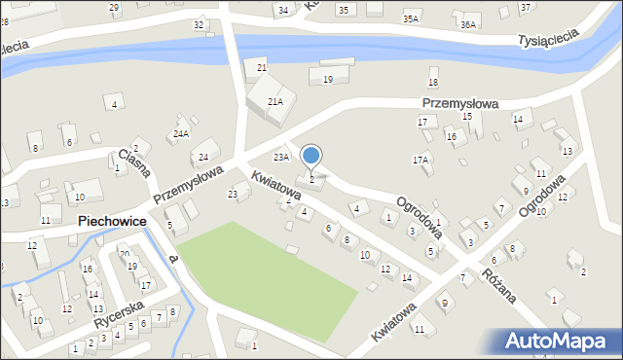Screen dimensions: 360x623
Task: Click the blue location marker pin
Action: click(311, 156)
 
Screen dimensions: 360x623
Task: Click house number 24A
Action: click(181, 133)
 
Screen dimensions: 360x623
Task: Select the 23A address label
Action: click(281, 157)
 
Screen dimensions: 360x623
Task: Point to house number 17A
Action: click(421, 159)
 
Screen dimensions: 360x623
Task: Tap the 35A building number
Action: click(411, 18)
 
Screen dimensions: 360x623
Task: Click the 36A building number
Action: click(468, 24)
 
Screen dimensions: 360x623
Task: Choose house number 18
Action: click(433, 83)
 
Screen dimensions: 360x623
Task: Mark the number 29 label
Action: click(114, 8)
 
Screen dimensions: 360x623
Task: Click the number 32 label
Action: click(199, 24)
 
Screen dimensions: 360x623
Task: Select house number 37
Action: click(526, 8)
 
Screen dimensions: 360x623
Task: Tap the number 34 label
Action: click(283, 11)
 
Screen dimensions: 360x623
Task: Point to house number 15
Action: click(467, 117)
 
